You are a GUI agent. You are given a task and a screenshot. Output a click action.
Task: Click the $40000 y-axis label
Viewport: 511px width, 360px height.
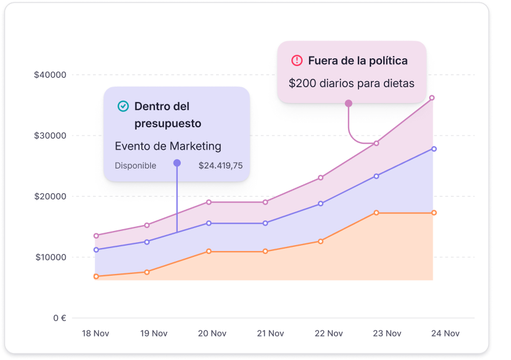pos(50,75)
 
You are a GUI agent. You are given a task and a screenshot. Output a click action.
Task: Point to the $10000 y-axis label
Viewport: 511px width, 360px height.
pos(50,257)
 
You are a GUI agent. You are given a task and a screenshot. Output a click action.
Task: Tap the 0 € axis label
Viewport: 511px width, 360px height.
pos(59,318)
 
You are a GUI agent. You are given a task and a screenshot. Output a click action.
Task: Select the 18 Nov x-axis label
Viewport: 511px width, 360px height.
pos(95,333)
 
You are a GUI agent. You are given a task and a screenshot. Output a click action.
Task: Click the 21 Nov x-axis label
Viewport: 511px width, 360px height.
pos(271,333)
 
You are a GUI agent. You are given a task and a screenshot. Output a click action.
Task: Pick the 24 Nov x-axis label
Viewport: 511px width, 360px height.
pos(445,333)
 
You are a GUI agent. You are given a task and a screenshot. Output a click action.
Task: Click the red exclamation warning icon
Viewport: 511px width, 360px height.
pos(297,61)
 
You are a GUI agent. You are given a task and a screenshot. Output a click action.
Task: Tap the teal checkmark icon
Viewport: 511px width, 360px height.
pos(123,106)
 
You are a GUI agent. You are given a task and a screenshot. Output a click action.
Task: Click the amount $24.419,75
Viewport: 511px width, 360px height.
pos(220,166)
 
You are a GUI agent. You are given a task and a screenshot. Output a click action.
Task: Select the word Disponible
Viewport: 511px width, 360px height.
pos(135,166)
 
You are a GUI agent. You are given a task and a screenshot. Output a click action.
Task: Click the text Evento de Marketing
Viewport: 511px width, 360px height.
pos(168,146)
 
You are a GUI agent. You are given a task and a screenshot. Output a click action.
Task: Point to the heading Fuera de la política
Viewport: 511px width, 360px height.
pos(358,61)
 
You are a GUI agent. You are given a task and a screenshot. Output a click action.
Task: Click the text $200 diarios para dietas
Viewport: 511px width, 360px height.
pos(351,83)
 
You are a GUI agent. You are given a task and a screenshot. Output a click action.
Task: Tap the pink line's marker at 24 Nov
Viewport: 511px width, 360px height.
pos(432,98)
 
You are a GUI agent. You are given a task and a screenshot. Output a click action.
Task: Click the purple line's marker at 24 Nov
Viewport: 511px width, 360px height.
pos(434,149)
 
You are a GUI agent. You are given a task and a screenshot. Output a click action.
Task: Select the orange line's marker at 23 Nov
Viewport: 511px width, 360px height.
pos(376,213)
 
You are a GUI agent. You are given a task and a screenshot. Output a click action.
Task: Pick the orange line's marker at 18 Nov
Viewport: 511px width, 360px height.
pos(96,276)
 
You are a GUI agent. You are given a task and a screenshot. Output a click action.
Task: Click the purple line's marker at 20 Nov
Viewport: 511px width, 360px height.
pos(208,223)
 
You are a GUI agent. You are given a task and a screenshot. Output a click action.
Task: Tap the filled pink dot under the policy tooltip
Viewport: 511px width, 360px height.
pos(349,103)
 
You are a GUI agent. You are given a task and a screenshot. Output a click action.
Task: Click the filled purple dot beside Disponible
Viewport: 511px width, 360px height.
pos(177,163)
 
